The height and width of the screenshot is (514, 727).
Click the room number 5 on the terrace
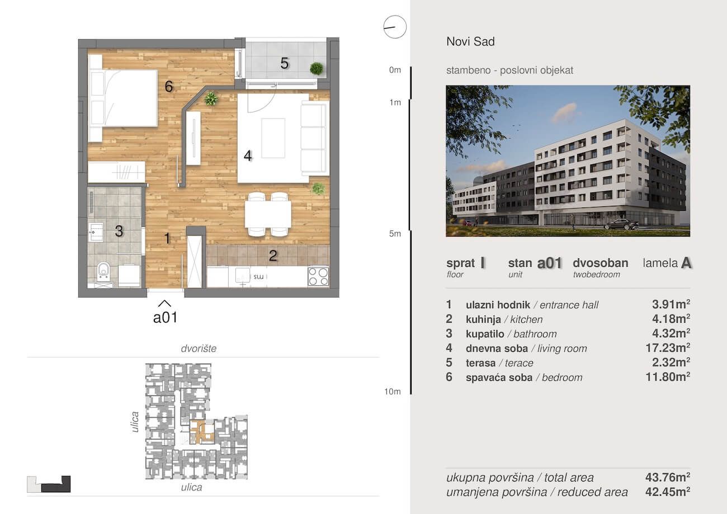point(284,63)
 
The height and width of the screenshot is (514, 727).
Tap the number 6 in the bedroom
point(169,86)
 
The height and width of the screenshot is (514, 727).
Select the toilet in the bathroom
point(103,271)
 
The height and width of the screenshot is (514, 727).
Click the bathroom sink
point(96,232)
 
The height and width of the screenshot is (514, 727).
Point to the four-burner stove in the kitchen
point(318,276)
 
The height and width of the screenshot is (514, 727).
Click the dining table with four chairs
point(268,214)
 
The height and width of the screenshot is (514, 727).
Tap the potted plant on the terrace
point(317,68)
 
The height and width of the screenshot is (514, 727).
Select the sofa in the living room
point(314,138)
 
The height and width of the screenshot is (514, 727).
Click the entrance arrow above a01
point(164,303)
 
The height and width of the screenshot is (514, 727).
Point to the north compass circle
point(395,27)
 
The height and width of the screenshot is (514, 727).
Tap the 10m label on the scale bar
point(393,392)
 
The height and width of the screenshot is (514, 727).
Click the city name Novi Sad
point(470,41)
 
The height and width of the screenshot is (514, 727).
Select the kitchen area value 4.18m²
point(671,319)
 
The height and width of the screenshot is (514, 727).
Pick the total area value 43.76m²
point(668,477)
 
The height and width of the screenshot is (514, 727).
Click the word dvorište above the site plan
point(199,348)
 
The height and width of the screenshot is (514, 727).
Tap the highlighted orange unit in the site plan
point(202,432)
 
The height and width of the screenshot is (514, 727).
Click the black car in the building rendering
point(621,224)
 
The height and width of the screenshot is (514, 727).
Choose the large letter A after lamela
point(686,263)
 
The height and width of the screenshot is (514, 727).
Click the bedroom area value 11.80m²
point(668,377)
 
